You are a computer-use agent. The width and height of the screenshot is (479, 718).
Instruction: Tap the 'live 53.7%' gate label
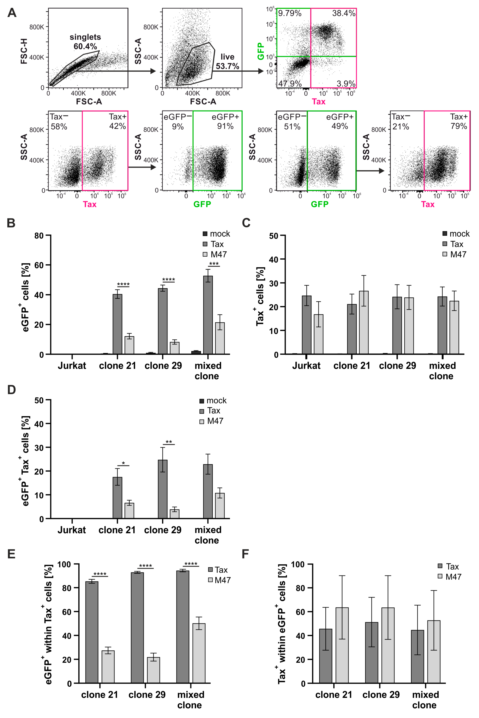(x=227, y=61)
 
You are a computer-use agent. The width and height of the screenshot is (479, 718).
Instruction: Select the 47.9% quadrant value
(x=290, y=83)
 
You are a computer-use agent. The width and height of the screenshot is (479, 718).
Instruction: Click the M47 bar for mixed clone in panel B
(x=220, y=338)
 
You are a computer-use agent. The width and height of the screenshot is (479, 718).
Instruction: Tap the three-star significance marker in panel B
(x=214, y=264)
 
